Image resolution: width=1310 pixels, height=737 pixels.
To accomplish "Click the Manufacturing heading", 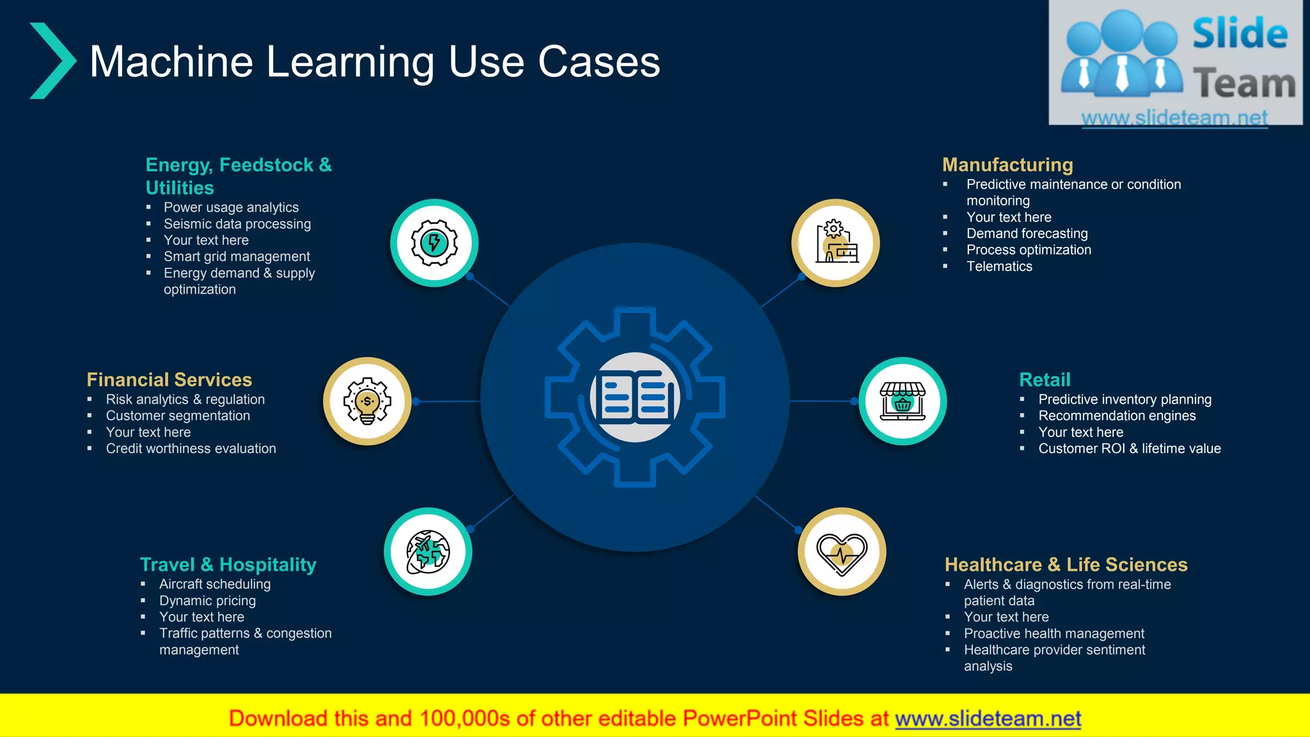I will pyautogui.click(x=1007, y=165).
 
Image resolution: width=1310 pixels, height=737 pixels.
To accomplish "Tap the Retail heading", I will pyautogui.click(x=1045, y=380).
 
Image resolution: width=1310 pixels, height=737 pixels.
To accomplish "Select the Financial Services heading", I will pyautogui.click(x=170, y=380).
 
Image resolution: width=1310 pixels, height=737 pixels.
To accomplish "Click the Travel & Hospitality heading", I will pyautogui.click(x=228, y=565).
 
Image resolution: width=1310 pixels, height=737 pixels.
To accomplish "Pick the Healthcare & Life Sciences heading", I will pyautogui.click(x=1066, y=565).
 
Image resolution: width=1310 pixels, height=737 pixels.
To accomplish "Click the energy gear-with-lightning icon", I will pyautogui.click(x=434, y=243).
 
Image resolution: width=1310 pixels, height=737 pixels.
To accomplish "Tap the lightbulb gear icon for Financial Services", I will pyautogui.click(x=367, y=401).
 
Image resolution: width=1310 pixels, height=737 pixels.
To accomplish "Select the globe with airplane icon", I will pyautogui.click(x=428, y=551).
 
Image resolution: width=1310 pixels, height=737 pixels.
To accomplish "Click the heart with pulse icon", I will pyautogui.click(x=842, y=552).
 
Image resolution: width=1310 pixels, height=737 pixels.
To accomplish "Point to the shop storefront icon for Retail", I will pyautogui.click(x=903, y=401).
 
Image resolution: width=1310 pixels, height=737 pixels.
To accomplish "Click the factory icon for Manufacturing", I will pyautogui.click(x=836, y=243).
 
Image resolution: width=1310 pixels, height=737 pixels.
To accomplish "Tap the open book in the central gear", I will pyautogui.click(x=635, y=397).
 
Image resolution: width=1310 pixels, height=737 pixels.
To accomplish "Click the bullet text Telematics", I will pyautogui.click(x=999, y=267).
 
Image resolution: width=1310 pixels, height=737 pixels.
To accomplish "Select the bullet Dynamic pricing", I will pyautogui.click(x=207, y=601).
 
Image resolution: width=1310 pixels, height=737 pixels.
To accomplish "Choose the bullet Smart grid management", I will pyautogui.click(x=237, y=257).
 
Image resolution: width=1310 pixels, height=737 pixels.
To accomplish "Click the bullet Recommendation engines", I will pyautogui.click(x=1117, y=416).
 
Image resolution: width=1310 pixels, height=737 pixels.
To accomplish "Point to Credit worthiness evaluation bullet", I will pyautogui.click(x=191, y=449).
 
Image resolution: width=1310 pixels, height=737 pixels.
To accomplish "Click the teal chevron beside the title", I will pyautogui.click(x=52, y=61).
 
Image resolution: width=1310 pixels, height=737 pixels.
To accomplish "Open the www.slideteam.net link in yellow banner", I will pyautogui.click(x=988, y=719).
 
